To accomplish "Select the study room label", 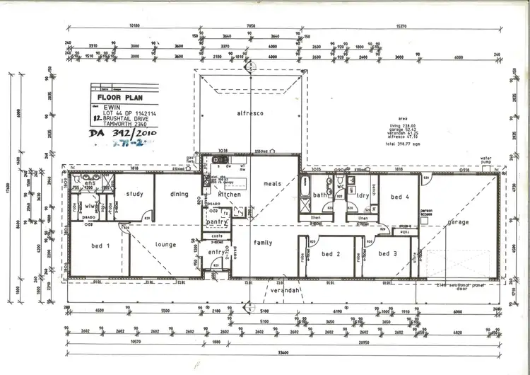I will click(135, 194).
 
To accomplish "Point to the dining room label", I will click(179, 194).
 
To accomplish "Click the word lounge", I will click(165, 245).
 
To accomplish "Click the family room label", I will click(263, 243).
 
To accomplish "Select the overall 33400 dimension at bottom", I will click(283, 351).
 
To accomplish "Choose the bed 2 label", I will click(331, 253).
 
